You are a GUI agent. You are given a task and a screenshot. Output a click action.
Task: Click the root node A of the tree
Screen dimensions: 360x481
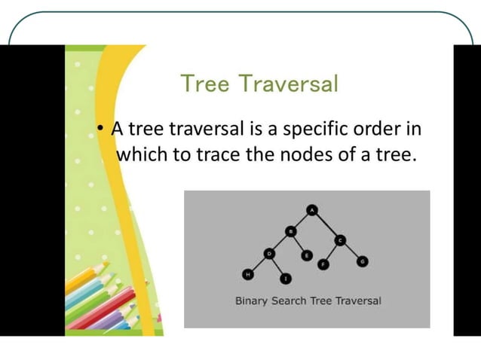pyautogui.click(x=313, y=210)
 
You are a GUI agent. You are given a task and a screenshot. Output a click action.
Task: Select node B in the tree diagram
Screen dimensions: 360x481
pyautogui.click(x=290, y=231)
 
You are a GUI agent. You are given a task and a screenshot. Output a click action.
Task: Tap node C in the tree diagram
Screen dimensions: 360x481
pyautogui.click(x=339, y=240)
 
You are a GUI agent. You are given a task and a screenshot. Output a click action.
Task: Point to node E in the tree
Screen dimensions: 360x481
pyautogui.click(x=306, y=256)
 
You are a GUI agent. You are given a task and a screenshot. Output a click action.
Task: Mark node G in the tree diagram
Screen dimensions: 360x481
pyautogui.click(x=363, y=261)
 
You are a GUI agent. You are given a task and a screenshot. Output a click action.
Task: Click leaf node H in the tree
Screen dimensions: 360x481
pyautogui.click(x=246, y=273)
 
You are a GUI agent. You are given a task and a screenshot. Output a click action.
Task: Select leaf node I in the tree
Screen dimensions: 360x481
pyautogui.click(x=286, y=279)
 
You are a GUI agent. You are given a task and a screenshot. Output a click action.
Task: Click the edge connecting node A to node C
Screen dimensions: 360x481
pyautogui.click(x=326, y=225)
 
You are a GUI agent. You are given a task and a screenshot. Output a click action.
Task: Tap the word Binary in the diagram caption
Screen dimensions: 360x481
pyautogui.click(x=252, y=301)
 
